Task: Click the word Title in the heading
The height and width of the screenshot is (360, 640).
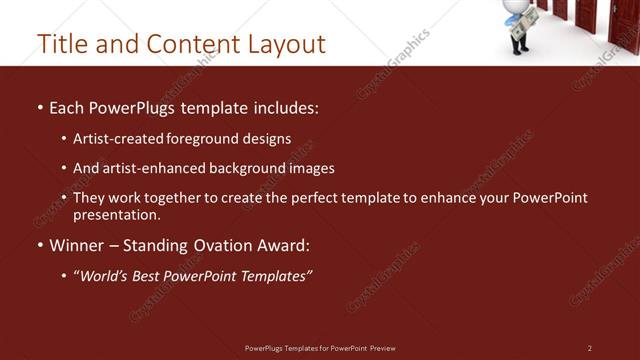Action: coord(59,44)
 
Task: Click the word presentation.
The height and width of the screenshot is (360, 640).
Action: coord(116,214)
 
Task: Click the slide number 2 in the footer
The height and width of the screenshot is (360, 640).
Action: coord(590,348)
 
